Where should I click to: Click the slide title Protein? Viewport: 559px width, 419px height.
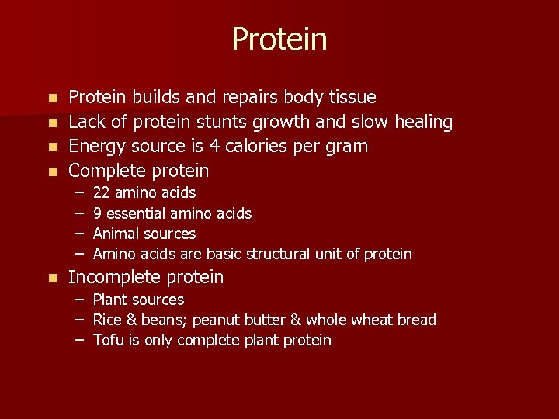click(x=279, y=40)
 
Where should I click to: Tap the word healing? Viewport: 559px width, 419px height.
click(x=423, y=123)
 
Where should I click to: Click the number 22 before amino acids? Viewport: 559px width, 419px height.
click(x=101, y=192)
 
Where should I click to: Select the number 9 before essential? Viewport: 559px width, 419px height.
click(x=97, y=213)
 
